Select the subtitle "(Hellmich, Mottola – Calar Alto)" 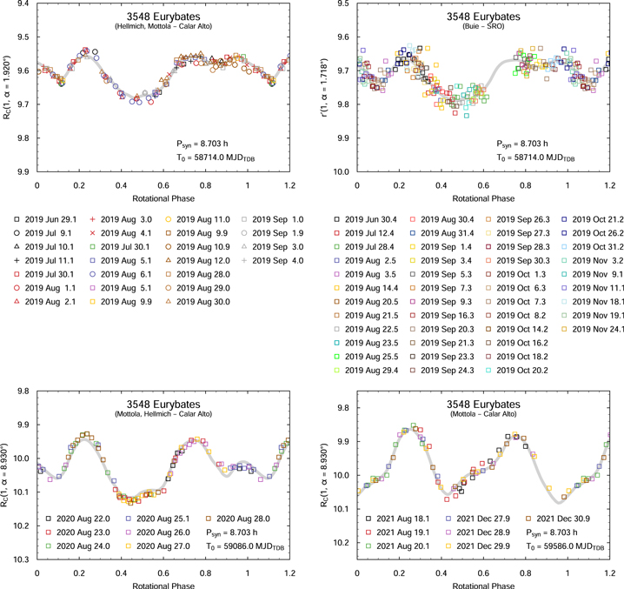[x=164, y=28]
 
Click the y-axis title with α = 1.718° [x=326, y=90]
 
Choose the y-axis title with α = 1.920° [x=7, y=90]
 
